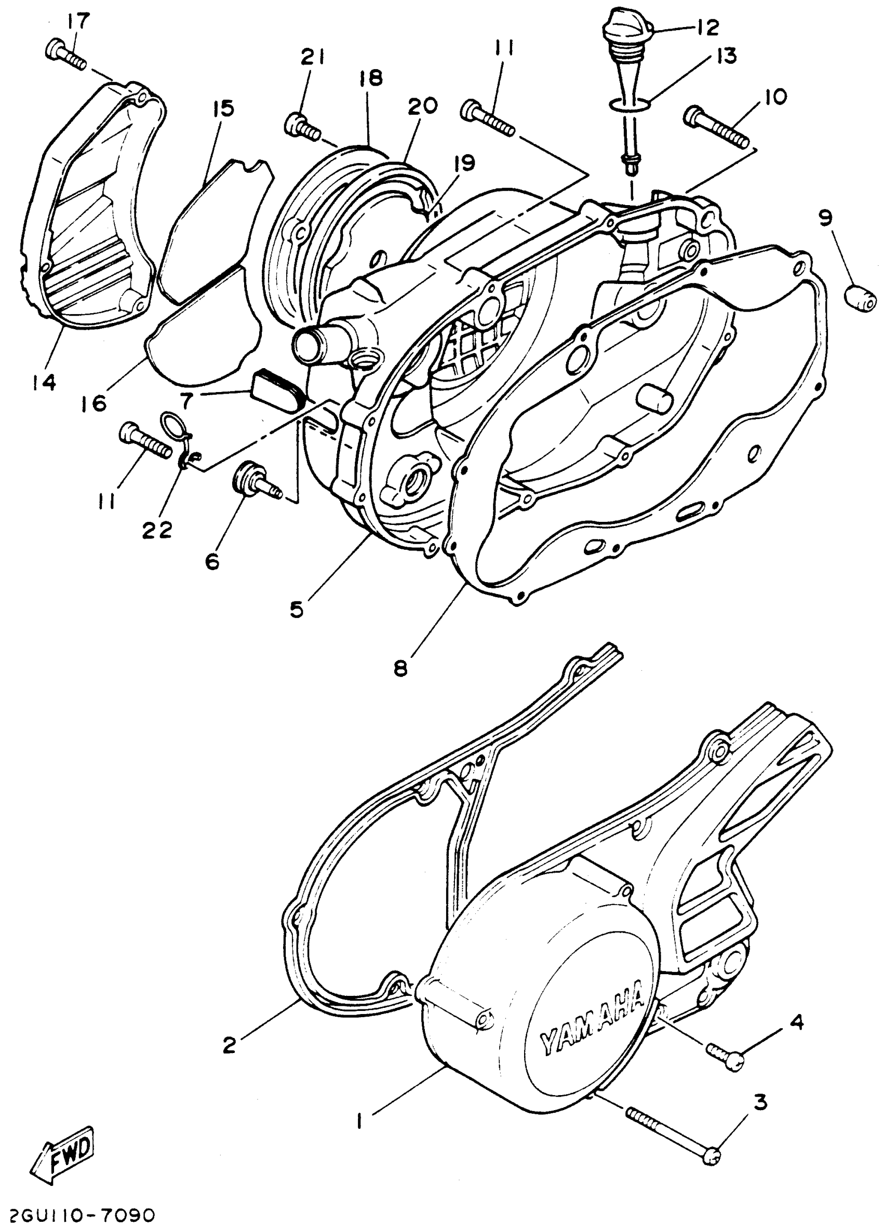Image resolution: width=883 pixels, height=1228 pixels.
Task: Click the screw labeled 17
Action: [x=64, y=56]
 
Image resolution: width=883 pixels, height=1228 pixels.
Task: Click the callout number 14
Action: [x=43, y=383]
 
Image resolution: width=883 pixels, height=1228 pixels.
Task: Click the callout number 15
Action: [x=224, y=109]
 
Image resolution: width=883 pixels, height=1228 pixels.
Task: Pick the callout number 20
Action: [x=422, y=106]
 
